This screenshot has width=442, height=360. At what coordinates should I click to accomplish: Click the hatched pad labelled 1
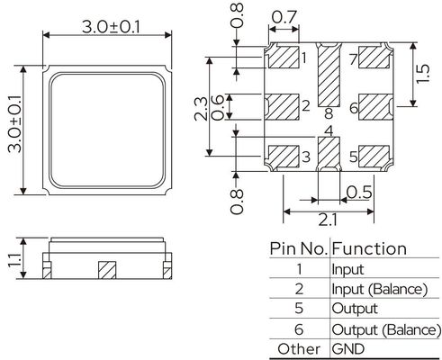[284, 57]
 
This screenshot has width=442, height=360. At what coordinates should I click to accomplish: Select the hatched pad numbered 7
[374, 57]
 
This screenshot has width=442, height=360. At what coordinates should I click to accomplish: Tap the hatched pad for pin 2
[282, 107]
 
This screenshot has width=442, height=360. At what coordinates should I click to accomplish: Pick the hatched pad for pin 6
[375, 107]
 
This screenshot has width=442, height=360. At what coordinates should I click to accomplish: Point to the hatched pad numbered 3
[284, 157]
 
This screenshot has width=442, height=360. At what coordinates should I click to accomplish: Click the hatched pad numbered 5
[374, 157]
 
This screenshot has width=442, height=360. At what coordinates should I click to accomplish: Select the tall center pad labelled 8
[329, 75]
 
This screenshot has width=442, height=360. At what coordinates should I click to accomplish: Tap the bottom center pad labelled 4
[329, 154]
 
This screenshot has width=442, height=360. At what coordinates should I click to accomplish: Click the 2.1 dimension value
[328, 220]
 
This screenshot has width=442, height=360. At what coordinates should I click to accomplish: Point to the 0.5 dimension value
[359, 193]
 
